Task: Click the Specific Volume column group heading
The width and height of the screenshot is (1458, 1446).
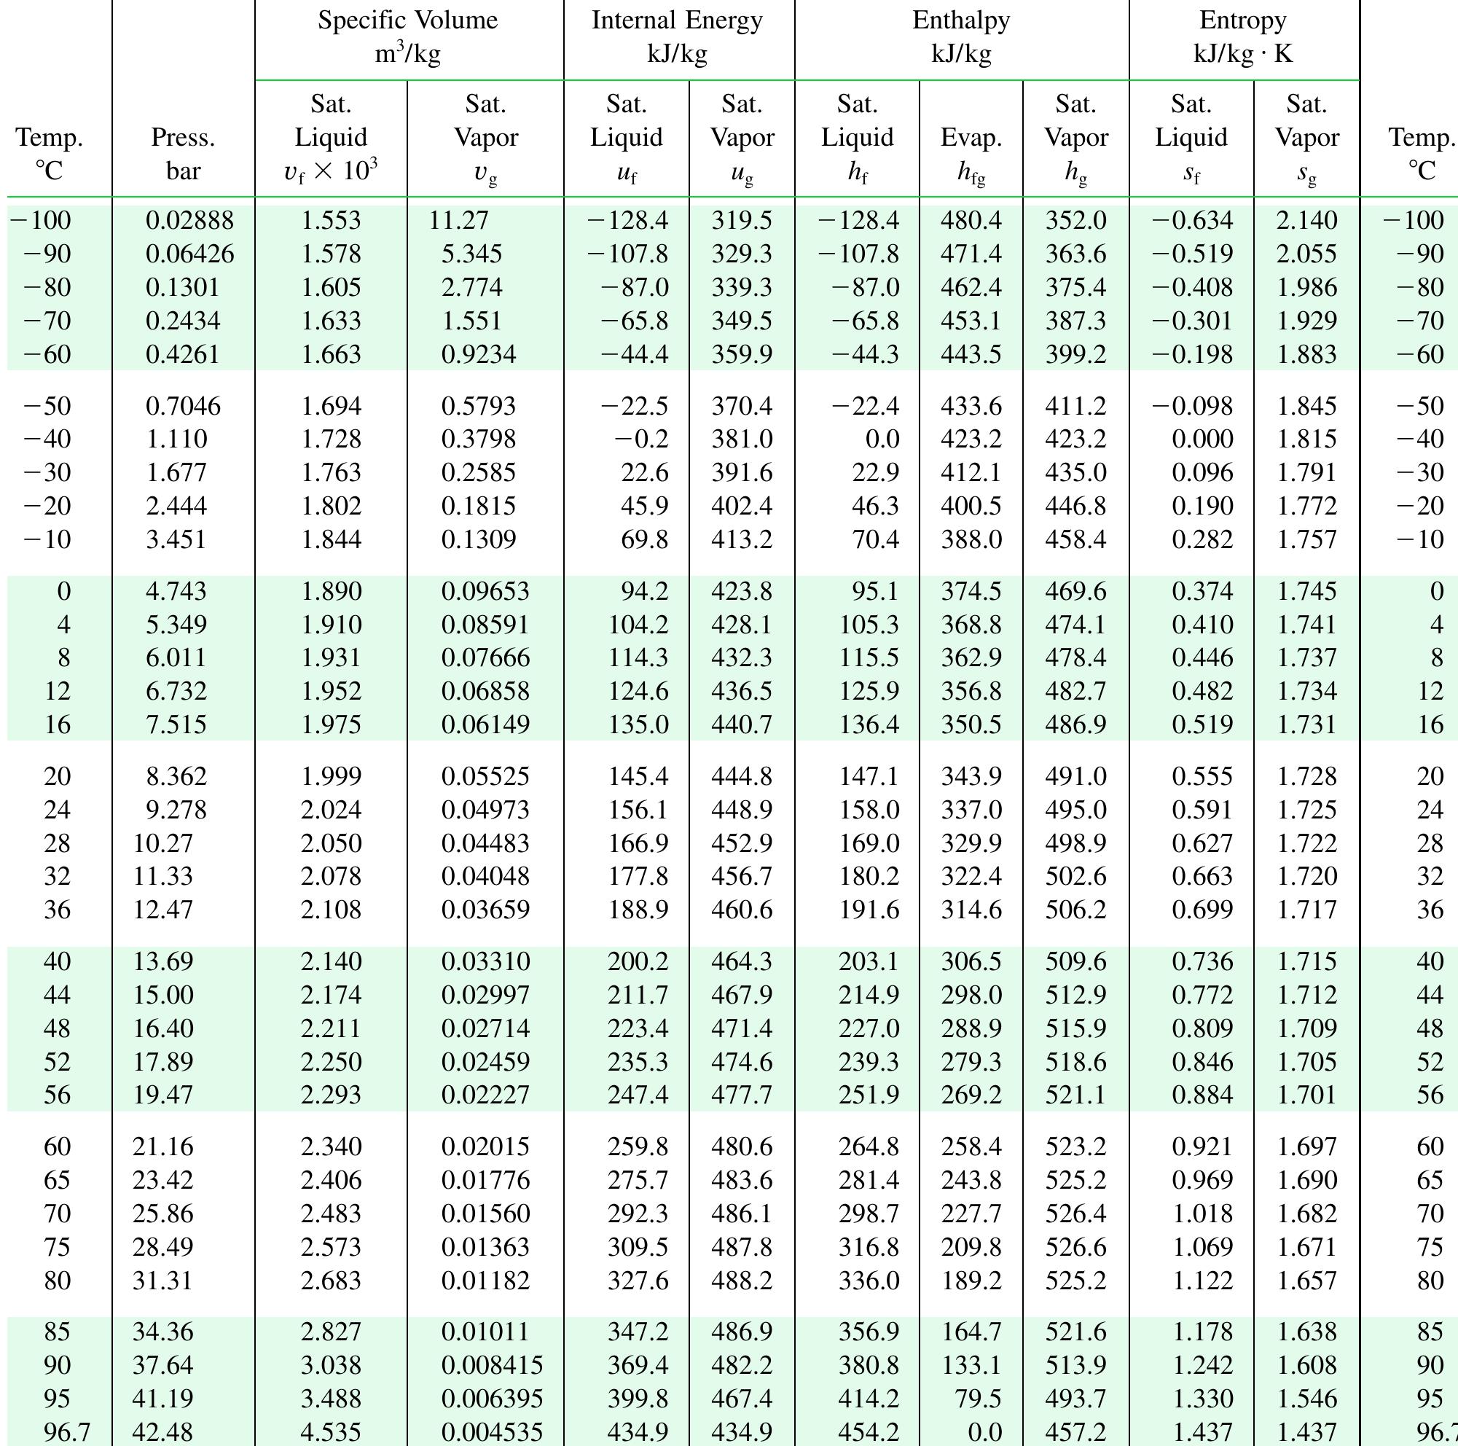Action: [407, 36]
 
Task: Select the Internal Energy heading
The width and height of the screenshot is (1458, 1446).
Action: [677, 36]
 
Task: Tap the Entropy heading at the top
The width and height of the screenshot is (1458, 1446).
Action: [1243, 36]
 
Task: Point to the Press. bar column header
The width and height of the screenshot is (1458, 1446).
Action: [183, 154]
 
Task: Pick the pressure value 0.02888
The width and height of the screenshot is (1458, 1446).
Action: [189, 220]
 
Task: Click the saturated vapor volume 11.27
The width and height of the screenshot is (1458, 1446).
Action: [459, 220]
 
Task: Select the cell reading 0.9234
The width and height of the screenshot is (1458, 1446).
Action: [479, 354]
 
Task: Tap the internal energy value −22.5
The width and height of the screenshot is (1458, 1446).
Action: [634, 406]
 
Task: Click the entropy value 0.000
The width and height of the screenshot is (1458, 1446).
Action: [1202, 439]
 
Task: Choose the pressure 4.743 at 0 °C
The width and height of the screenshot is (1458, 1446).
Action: [176, 591]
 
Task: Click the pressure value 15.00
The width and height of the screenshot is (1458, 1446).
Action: [163, 995]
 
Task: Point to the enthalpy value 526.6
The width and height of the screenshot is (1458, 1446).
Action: [1075, 1247]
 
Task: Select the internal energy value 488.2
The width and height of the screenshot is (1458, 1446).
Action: [742, 1281]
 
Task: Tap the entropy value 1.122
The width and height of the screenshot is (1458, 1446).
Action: [1202, 1281]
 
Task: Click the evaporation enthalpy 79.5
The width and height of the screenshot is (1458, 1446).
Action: [978, 1399]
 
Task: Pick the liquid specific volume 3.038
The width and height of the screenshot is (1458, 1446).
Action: [331, 1365]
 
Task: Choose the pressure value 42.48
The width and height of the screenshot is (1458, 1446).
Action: [163, 1431]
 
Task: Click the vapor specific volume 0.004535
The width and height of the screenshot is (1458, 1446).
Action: [492, 1431]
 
